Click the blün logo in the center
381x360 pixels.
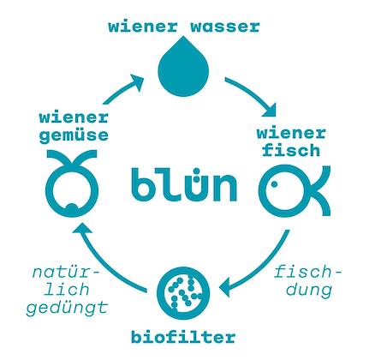point(184,183)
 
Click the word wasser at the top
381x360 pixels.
point(223,26)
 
